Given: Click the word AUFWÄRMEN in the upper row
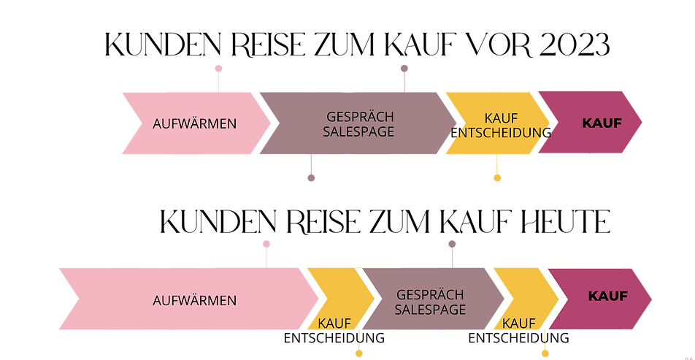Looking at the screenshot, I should click(194, 123).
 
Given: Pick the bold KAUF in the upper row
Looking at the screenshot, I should click(601, 123).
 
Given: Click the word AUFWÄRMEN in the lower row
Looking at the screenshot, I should click(194, 301).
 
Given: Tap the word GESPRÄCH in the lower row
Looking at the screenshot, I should click(430, 294).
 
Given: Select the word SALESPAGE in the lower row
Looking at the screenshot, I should click(430, 310).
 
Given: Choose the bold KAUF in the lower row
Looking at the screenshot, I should click(608, 297).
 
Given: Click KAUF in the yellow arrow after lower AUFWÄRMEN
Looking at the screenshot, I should click(335, 323).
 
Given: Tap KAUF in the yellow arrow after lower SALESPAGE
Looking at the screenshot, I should click(519, 323).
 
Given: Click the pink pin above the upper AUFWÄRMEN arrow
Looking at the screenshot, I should click(218, 69).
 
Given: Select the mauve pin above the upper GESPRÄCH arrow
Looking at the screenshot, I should click(404, 69).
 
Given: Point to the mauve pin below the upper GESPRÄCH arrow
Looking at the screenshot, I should click(311, 177).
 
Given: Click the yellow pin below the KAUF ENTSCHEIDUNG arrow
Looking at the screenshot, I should click(497, 177).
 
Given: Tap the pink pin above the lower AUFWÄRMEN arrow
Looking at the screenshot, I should click(266, 244).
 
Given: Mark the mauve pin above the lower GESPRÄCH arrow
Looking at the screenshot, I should click(452, 244).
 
